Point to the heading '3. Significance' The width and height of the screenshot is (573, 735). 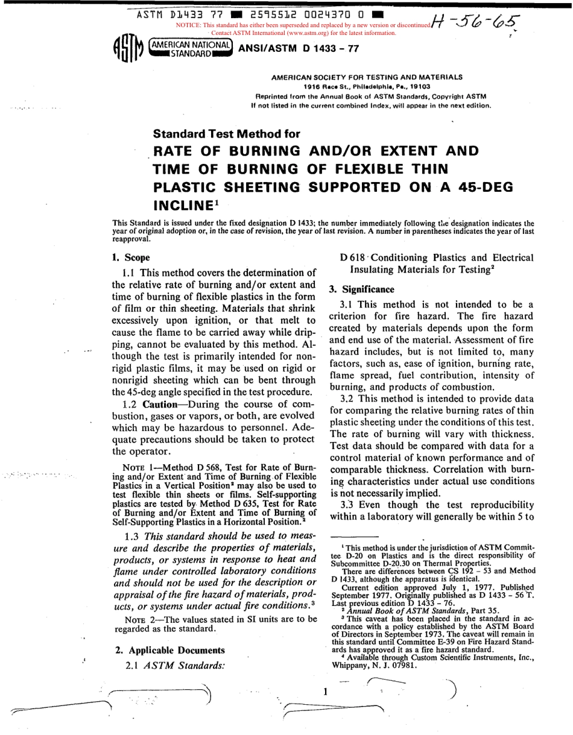(x=361, y=289)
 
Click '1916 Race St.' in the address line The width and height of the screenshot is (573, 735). (x=326, y=86)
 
